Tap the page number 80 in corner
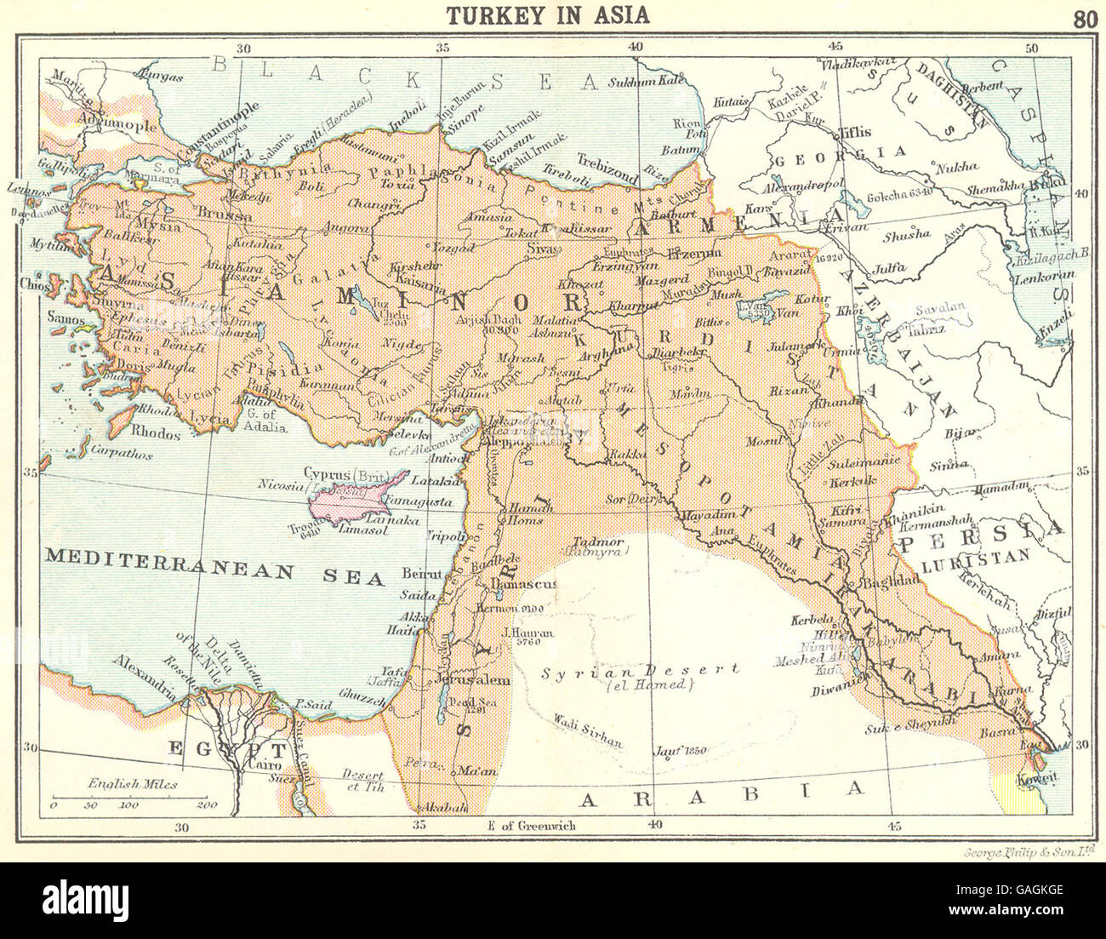pos(1085,19)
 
